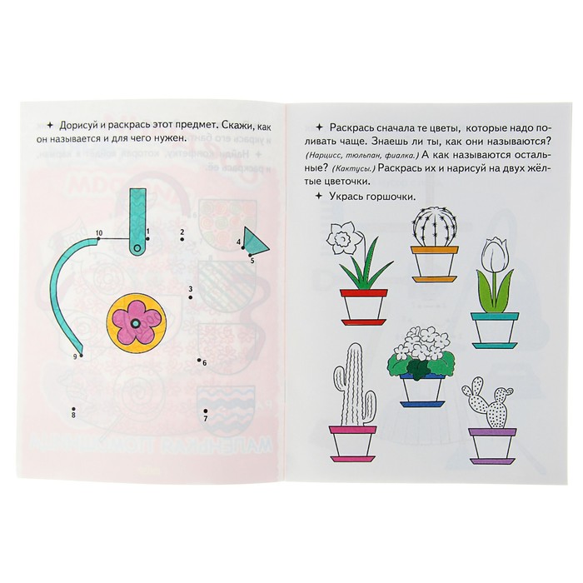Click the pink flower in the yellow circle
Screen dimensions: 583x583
click(135, 323)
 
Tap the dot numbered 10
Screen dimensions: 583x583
click(98, 239)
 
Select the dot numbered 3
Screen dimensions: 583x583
click(191, 297)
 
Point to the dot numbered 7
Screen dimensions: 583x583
click(205, 411)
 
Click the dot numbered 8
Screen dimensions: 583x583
click(73, 408)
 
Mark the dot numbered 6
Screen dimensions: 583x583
click(199, 360)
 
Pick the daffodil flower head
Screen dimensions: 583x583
click(341, 238)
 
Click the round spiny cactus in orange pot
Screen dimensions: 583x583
click(434, 227)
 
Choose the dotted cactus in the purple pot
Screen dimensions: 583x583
click(488, 402)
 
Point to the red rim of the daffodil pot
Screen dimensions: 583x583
click(364, 293)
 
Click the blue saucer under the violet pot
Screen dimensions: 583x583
click(421, 404)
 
